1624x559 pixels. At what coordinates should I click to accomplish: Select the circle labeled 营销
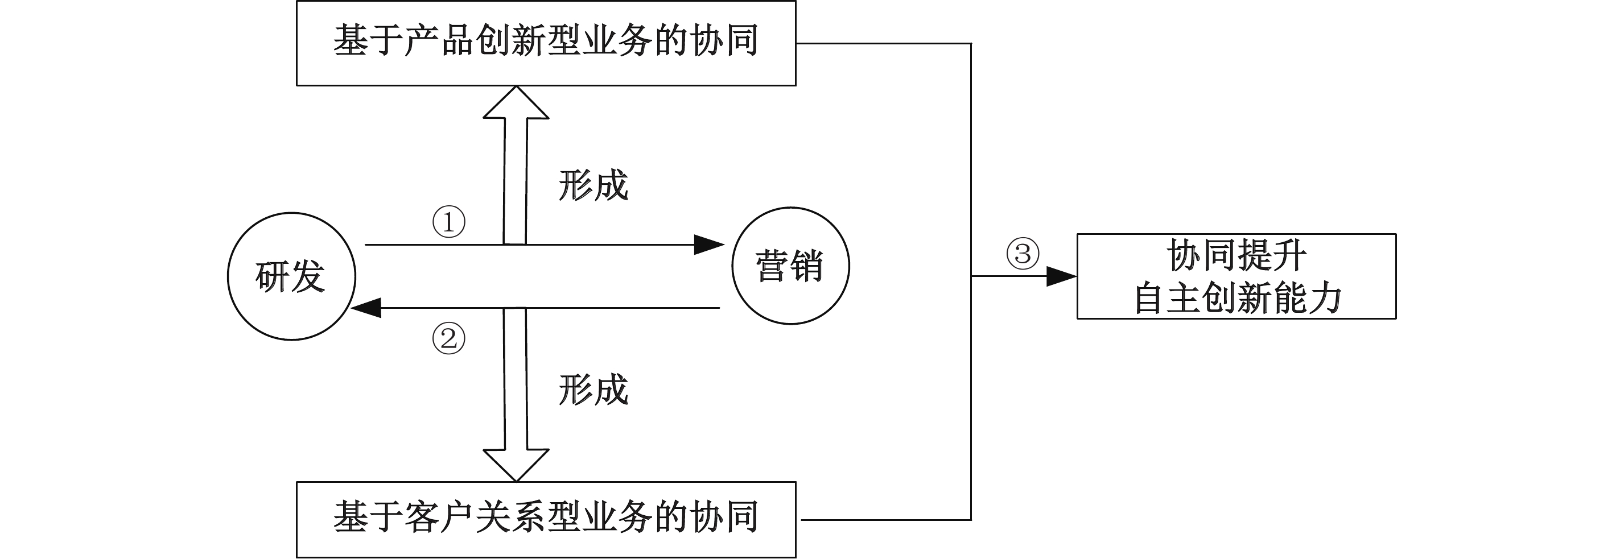[x=790, y=266]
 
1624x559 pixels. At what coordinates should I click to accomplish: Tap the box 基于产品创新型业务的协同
[x=546, y=43]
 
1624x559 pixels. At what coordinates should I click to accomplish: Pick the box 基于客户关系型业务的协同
[x=546, y=519]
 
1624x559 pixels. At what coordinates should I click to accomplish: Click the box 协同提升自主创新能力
[x=1236, y=276]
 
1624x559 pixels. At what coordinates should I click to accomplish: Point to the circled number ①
[x=448, y=222]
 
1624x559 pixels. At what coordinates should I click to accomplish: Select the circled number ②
[x=448, y=338]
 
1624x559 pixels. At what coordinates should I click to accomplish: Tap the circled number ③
[x=1022, y=254]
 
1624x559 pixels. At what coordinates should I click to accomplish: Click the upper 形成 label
[x=593, y=186]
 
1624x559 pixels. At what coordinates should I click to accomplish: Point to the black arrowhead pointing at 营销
[x=708, y=245]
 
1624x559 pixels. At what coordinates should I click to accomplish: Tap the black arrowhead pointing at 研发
[x=367, y=308]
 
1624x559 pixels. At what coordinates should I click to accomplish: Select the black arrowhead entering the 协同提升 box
[x=1061, y=276]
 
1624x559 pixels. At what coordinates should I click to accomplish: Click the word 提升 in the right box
[x=1272, y=255]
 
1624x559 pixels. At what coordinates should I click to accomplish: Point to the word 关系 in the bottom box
[x=510, y=518]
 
